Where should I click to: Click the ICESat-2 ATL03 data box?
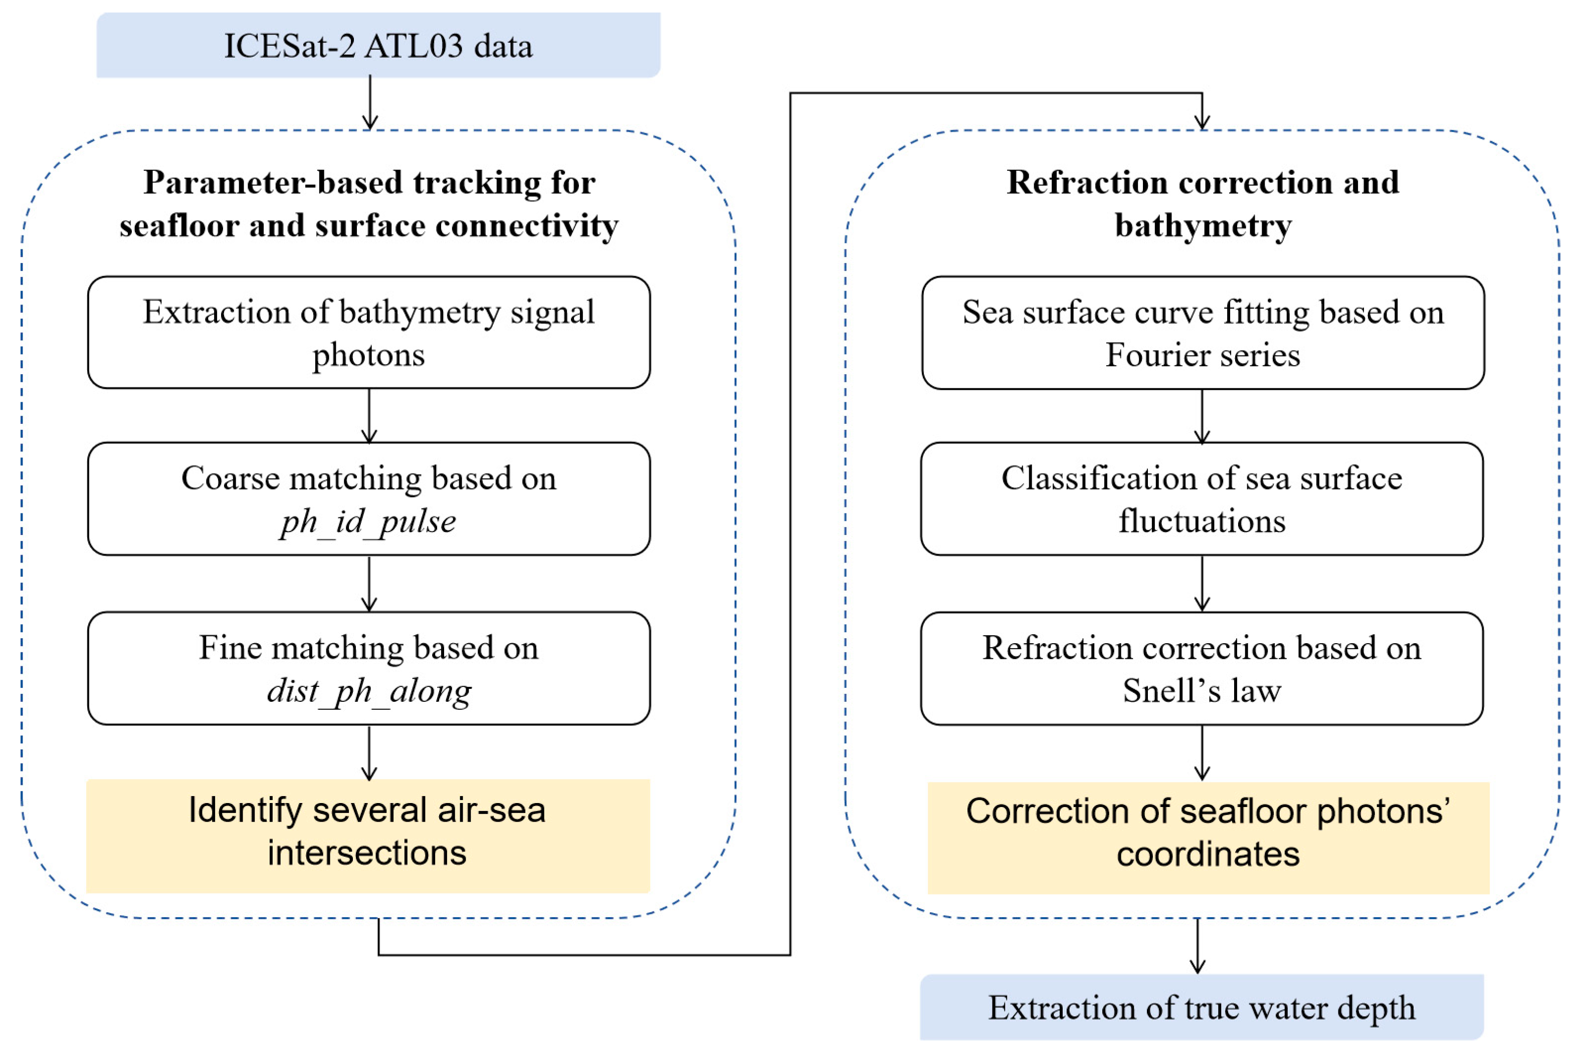click(378, 45)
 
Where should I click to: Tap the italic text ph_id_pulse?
click(368, 521)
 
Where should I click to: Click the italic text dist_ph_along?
click(368, 690)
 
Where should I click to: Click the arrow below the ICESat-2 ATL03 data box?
click(369, 103)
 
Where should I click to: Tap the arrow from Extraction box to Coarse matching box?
click(369, 416)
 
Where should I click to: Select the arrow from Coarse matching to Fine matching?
click(369, 584)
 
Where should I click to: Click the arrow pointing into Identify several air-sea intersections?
click(369, 752)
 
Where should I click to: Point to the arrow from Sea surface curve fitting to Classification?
click(1202, 417)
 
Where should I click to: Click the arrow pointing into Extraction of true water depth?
click(1197, 945)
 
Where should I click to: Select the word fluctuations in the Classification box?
click(1202, 521)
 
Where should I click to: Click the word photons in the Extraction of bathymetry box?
click(368, 355)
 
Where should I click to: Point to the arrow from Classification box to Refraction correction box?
click(1202, 584)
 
